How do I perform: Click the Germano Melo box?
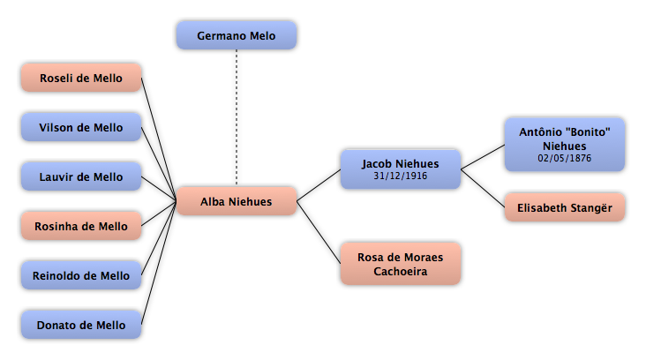point(237,35)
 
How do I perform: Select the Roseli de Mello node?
point(81,78)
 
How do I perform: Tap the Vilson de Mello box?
point(81,127)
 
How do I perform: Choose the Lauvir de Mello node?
point(81,176)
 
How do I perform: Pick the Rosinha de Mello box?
point(81,226)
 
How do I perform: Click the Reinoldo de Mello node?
point(81,275)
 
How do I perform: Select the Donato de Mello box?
point(81,325)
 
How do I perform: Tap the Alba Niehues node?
point(237,201)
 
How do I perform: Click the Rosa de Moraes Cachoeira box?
point(401,264)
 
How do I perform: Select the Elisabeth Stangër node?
point(565,207)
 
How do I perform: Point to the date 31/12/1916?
point(401,176)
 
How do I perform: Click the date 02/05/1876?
point(565,158)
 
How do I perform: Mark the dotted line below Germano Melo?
point(237,117)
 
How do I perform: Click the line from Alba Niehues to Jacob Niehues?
point(319,185)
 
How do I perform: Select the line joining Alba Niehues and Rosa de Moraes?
point(319,232)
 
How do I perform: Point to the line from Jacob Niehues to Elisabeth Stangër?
point(483,188)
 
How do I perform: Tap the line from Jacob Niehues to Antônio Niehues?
point(483,157)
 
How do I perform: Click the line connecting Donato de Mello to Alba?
point(159,263)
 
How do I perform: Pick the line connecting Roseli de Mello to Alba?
point(159,139)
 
